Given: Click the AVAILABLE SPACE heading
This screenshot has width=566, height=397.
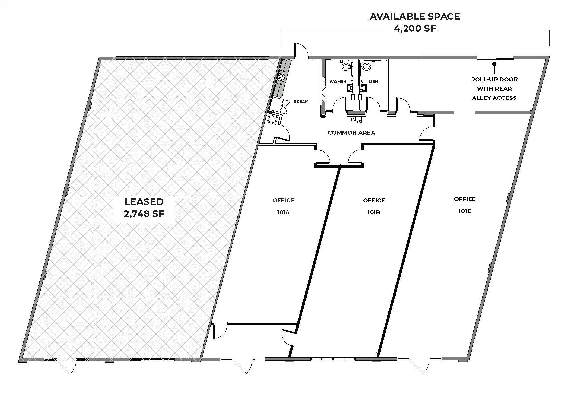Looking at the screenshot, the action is click(415, 16).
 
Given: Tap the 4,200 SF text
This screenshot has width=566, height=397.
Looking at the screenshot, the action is click(415, 28).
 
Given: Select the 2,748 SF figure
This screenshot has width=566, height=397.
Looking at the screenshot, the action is click(144, 214).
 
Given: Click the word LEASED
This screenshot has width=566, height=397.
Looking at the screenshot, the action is click(144, 202).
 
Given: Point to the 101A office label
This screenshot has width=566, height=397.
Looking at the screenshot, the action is click(283, 212).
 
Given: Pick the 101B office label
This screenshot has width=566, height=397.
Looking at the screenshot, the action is click(374, 212).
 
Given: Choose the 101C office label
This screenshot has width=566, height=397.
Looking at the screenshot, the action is click(465, 211).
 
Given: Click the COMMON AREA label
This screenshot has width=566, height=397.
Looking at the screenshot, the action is click(351, 133).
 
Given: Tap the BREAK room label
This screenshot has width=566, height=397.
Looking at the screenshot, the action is click(301, 102).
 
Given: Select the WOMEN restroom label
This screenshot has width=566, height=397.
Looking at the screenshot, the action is click(338, 82).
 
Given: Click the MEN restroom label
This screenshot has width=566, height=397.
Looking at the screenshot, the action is click(373, 82).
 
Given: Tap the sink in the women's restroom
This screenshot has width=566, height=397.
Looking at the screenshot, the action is click(349, 88).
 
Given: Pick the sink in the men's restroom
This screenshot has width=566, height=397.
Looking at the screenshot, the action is click(363, 88).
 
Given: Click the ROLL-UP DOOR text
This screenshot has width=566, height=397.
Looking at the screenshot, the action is click(494, 79).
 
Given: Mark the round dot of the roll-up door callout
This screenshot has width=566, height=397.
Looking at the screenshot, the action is click(494, 64).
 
